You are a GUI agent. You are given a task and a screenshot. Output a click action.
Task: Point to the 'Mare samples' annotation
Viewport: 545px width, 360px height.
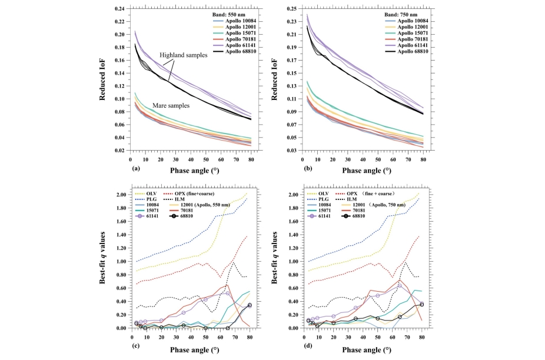click(x=170, y=105)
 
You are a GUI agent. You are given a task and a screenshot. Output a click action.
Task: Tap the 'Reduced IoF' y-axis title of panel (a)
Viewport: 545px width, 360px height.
click(x=102, y=78)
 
